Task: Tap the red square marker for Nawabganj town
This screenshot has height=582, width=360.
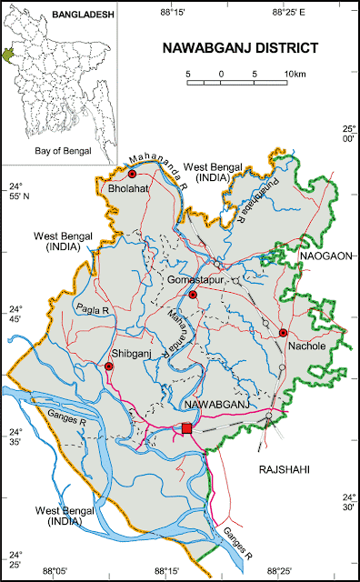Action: (x=187, y=428)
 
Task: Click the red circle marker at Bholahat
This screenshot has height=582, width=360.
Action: (x=132, y=174)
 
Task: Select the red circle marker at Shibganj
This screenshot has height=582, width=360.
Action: (x=109, y=366)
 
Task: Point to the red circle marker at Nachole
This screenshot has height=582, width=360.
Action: (x=283, y=333)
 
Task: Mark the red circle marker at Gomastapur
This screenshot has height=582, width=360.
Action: (x=193, y=295)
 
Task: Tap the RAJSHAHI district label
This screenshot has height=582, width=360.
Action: (x=285, y=469)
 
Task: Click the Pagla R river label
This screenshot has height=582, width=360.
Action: (x=92, y=310)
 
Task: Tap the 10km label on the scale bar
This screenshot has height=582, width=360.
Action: (x=294, y=73)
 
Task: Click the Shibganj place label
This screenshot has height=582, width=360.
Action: (x=129, y=353)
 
